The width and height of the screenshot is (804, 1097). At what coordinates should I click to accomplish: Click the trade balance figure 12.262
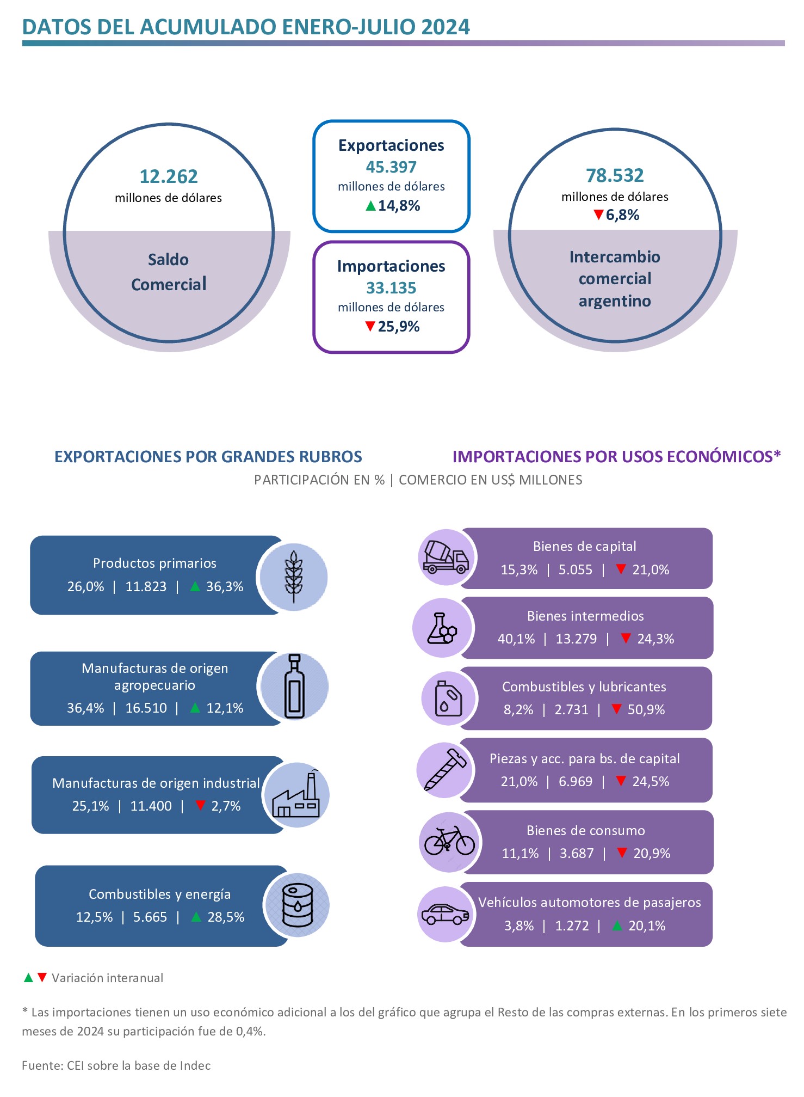coord(169,177)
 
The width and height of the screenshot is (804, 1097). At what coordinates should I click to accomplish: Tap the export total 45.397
coord(391,167)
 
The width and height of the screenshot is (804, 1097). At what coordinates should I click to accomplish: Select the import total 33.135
coord(391,288)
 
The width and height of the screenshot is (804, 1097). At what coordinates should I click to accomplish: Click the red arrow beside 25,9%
coord(370,326)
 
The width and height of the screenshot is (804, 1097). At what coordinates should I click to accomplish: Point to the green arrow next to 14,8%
coord(370,206)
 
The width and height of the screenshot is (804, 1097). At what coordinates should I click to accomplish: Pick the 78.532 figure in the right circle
coord(615,176)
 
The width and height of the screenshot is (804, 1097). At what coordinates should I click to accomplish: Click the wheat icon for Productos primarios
coord(294,577)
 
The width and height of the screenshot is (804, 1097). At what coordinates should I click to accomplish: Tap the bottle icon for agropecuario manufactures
coord(294,687)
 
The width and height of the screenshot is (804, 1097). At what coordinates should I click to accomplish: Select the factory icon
coord(296,795)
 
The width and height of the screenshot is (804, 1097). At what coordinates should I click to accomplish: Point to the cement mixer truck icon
coord(446,557)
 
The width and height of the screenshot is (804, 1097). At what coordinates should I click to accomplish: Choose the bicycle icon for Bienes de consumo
coord(449,842)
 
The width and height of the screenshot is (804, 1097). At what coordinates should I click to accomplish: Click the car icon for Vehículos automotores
coord(446,914)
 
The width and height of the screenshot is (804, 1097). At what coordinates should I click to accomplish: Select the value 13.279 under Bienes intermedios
coord(576,639)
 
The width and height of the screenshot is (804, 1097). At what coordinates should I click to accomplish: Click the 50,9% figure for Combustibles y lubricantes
coord(646,710)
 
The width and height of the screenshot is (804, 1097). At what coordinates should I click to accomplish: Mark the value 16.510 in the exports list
coord(146,708)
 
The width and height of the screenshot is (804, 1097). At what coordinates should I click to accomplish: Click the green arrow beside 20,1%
coord(617,926)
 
